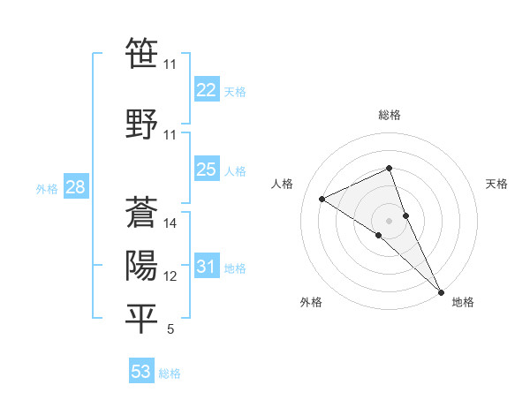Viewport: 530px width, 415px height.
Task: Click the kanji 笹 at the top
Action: [141, 53]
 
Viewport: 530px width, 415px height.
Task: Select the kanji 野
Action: [141, 123]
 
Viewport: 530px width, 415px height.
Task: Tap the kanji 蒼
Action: [141, 212]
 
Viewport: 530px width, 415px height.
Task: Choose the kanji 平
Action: [141, 319]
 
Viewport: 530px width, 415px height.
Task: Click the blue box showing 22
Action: [206, 90]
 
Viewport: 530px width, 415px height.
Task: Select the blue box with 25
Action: [206, 170]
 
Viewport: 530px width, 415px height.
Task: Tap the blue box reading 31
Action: [206, 267]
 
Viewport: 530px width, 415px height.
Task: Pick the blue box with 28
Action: [74, 187]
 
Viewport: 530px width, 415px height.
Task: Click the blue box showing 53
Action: [140, 372]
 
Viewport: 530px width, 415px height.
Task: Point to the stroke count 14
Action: [170, 223]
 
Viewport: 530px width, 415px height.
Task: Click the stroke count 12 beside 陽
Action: [170, 276]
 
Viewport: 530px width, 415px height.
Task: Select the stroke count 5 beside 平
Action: [170, 330]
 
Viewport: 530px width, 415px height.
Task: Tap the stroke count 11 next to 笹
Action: [170, 64]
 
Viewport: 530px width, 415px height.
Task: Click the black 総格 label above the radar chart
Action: [390, 115]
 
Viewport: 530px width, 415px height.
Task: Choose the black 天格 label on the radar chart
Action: [496, 184]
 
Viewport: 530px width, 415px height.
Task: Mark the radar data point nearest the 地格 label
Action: [441, 290]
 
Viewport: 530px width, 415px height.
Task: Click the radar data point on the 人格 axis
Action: [322, 199]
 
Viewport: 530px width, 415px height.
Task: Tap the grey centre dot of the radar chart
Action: [390, 220]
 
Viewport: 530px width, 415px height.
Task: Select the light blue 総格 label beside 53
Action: [170, 373]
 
